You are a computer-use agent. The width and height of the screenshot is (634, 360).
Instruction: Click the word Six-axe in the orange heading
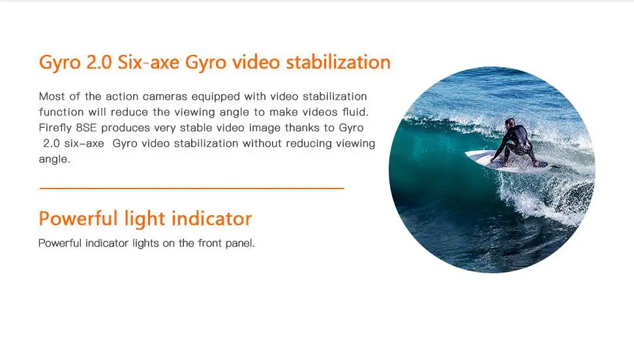(144, 63)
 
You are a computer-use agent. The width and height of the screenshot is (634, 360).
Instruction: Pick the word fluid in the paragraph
(355, 112)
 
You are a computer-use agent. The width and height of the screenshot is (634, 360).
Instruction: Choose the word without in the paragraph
(262, 143)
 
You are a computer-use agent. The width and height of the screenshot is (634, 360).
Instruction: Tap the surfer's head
(509, 123)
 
